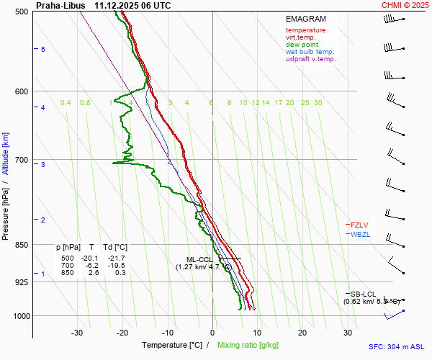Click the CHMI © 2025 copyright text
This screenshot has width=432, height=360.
click(x=406, y=5)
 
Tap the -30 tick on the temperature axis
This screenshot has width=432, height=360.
click(x=77, y=333)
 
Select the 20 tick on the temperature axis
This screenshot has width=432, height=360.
click(x=302, y=333)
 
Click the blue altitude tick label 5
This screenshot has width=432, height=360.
click(x=43, y=49)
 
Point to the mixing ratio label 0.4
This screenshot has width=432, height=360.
click(x=66, y=103)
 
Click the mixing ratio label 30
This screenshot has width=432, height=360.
click(x=318, y=103)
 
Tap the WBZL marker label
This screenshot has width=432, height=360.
click(x=361, y=235)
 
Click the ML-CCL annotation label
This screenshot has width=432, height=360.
click(x=199, y=259)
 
